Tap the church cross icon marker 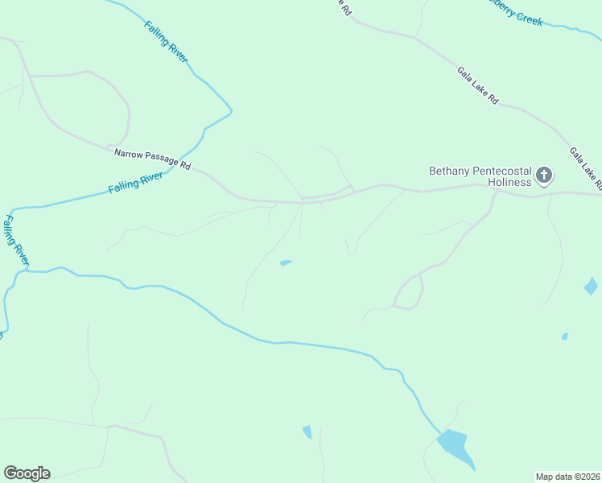tap(544, 175)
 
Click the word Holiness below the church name tap(510, 182)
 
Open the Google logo tap(27, 473)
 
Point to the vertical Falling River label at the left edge tap(16, 239)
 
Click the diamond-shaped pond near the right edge tap(591, 286)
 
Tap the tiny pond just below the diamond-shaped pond tap(565, 336)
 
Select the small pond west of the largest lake tap(307, 432)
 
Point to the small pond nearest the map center tap(286, 262)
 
